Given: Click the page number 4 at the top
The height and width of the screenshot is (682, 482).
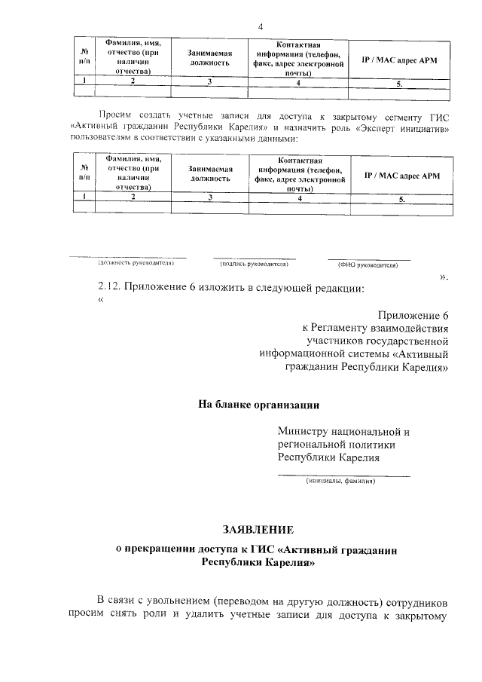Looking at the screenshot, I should pyautogui.click(x=260, y=27).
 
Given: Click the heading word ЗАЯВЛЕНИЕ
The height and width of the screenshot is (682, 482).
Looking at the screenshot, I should pyautogui.click(x=258, y=530).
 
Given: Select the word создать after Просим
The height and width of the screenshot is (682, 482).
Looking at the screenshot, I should pyautogui.click(x=154, y=115).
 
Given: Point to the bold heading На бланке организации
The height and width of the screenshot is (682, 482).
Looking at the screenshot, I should pyautogui.click(x=258, y=404).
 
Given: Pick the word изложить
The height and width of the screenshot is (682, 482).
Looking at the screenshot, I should pyautogui.click(x=233, y=289).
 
